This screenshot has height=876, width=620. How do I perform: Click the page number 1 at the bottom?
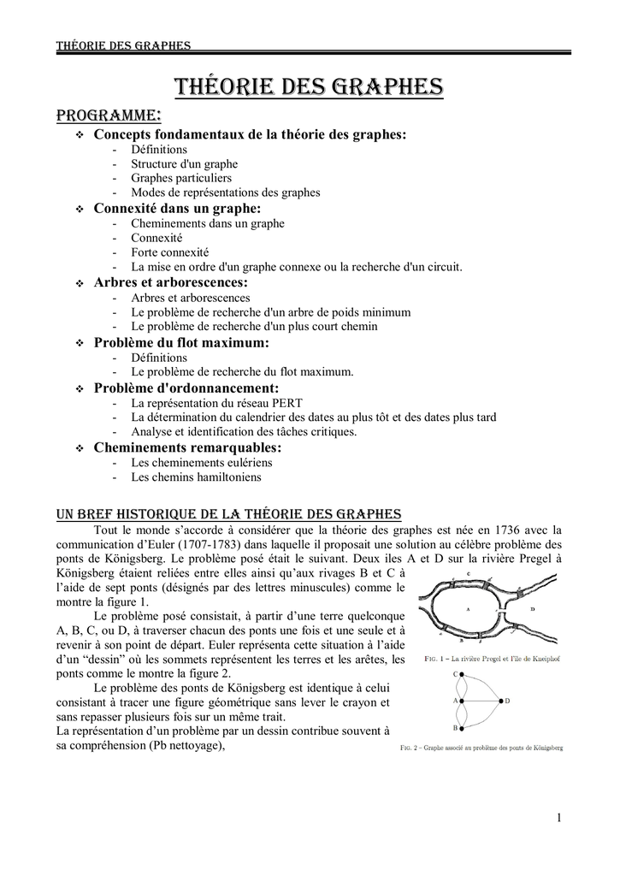click(558, 819)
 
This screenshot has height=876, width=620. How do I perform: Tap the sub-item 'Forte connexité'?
click(169, 252)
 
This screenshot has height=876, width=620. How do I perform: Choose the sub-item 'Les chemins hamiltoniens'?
click(196, 477)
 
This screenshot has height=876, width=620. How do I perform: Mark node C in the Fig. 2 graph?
click(461, 674)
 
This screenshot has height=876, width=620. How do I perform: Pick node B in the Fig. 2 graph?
click(461, 727)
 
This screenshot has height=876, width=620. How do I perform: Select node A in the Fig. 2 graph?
click(461, 701)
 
